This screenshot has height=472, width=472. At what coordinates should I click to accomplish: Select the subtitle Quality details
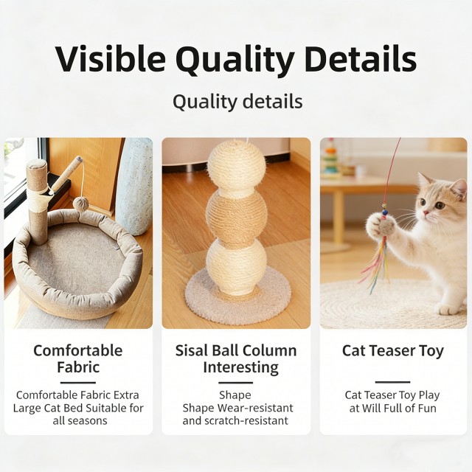coord(237,101)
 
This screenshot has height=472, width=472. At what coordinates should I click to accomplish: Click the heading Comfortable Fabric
coord(78,358)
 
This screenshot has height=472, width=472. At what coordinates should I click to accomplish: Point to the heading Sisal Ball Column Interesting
coord(236,358)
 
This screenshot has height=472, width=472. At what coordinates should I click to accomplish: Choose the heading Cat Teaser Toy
coord(393,350)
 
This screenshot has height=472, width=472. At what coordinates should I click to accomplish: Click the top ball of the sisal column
coord(236,164)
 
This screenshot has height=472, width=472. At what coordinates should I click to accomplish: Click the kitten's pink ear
coord(458,188)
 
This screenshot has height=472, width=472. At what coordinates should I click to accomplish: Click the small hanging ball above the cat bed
coord(80,202)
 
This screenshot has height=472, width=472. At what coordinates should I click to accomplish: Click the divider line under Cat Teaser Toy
coord(392,382)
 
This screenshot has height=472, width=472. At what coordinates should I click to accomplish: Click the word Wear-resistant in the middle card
coord(250,408)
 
